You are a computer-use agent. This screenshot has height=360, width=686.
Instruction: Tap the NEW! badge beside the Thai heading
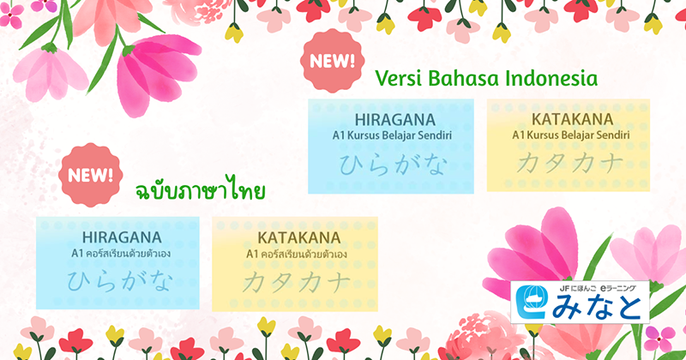(x=88, y=175)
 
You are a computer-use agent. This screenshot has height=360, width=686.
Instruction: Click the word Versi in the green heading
(x=400, y=80)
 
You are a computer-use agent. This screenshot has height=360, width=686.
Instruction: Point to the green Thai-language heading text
(x=200, y=189)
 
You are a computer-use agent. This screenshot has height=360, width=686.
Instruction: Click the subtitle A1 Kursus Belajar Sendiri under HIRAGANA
(x=394, y=135)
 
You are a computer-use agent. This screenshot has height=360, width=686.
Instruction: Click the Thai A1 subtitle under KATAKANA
(x=297, y=254)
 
